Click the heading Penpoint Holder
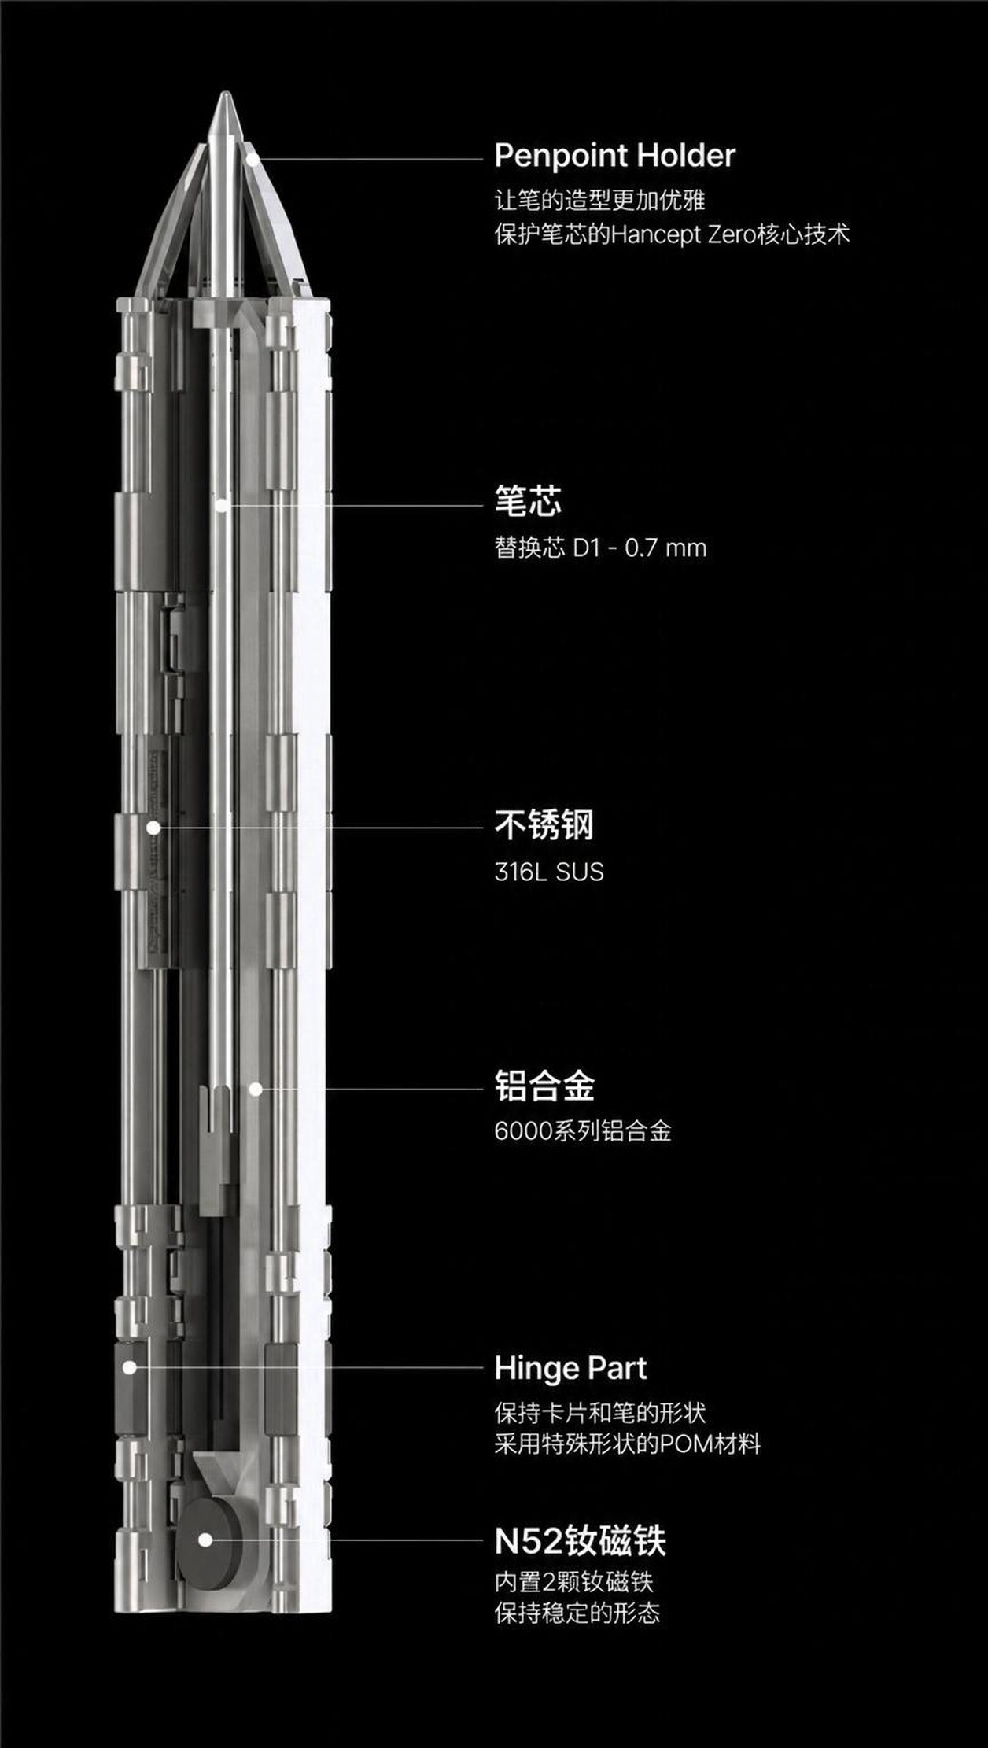coord(614,156)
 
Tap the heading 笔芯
coord(528,500)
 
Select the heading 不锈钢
coord(544,825)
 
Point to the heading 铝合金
coord(544,1086)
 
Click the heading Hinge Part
coord(570,1369)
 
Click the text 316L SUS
coord(549,872)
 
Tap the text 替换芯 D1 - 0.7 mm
coord(600,548)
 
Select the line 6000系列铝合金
coord(583,1131)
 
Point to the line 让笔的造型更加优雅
coord(599,200)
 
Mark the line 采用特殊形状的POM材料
coord(628,1444)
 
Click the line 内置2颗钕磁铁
coord(574,1581)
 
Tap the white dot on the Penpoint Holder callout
coord(252,158)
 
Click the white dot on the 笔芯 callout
coord(223,505)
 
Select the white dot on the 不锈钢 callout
coord(154,828)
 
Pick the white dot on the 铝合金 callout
coord(255,1089)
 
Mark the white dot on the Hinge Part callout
coord(130,1368)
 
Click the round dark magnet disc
coord(206,1540)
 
